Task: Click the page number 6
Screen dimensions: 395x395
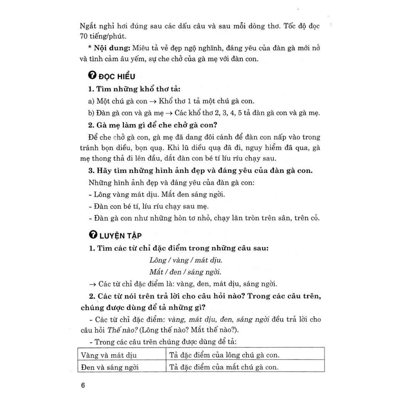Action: (x=83, y=386)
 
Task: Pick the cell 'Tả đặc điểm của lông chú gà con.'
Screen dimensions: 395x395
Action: (x=224, y=355)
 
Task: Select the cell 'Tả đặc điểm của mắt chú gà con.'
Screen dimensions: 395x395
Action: (x=224, y=367)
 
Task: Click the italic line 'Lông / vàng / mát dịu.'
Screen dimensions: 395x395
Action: (x=186, y=260)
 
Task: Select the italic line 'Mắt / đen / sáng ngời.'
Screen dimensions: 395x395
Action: (x=185, y=272)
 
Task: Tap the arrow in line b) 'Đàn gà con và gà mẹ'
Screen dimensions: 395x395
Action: (x=169, y=113)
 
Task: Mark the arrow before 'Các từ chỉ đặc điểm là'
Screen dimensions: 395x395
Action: (x=92, y=284)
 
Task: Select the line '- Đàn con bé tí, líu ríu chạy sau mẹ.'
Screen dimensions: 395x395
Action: (x=149, y=206)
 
